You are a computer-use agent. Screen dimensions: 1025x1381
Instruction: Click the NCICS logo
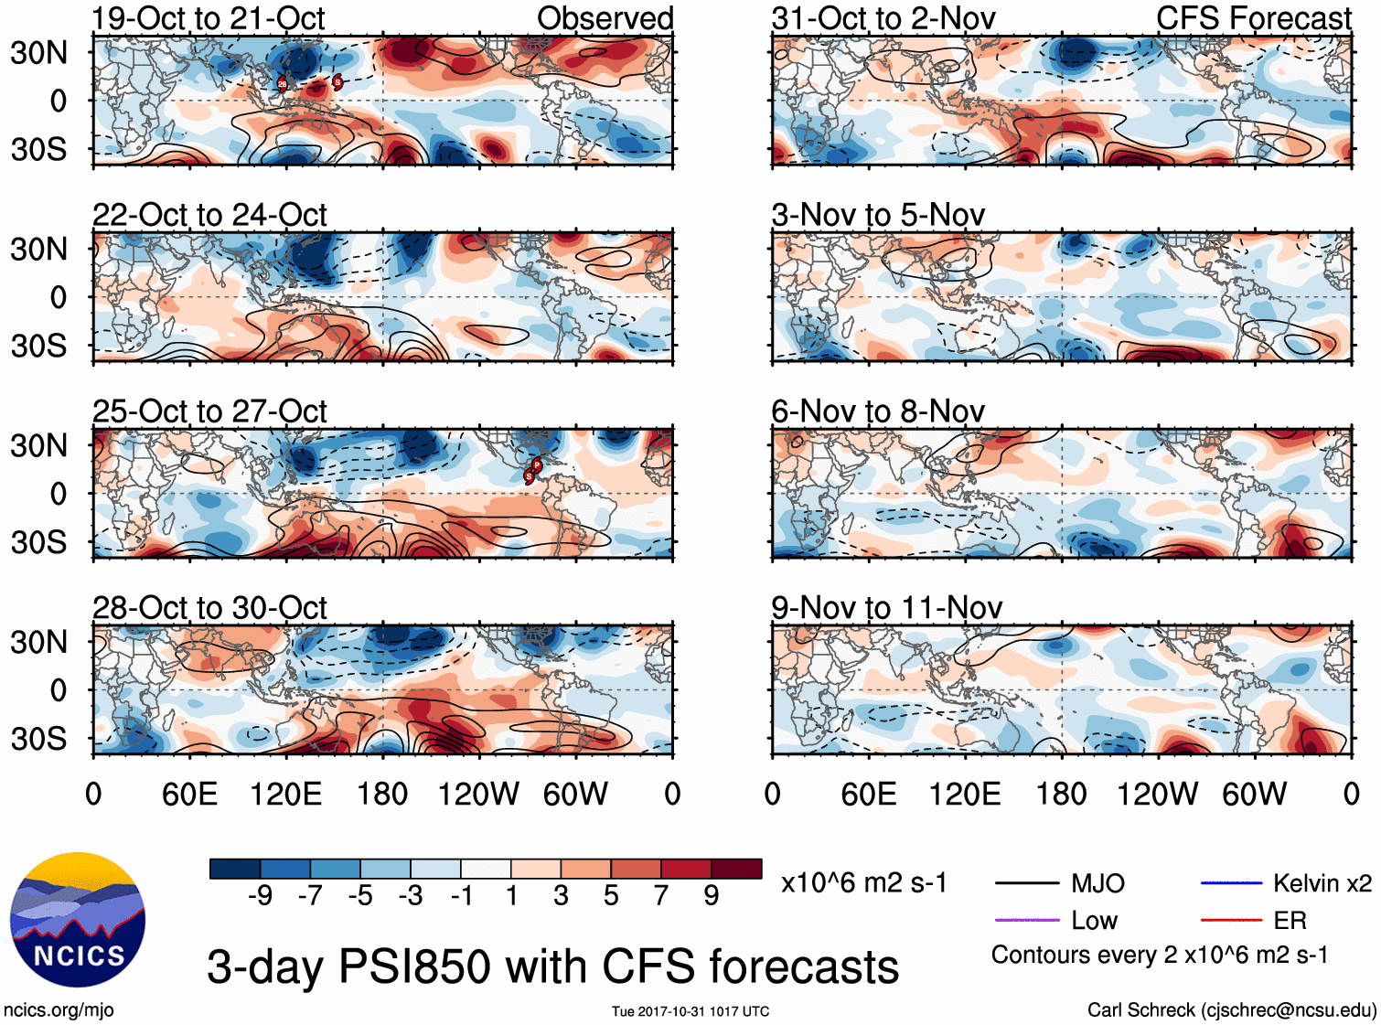pyautogui.click(x=77, y=920)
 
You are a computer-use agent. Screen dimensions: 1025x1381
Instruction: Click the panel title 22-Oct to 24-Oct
pyautogui.click(x=209, y=215)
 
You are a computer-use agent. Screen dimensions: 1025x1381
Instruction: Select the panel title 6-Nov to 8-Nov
pyautogui.click(x=878, y=411)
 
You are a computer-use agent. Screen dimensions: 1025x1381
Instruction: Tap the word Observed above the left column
pyautogui.click(x=605, y=18)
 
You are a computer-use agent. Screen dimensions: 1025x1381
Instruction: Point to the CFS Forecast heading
pyautogui.click(x=1253, y=18)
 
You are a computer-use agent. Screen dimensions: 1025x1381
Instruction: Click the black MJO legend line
pyautogui.click(x=1026, y=883)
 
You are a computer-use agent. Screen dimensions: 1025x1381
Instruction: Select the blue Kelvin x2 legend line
pyautogui.click(x=1231, y=883)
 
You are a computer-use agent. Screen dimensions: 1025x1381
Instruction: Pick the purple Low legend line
pyautogui.click(x=1026, y=920)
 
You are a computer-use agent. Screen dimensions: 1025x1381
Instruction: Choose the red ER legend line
pyautogui.click(x=1231, y=920)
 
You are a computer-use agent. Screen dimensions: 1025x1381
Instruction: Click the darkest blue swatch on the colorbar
pyautogui.click(x=234, y=869)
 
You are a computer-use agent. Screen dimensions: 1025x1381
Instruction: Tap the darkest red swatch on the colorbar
pyautogui.click(x=736, y=869)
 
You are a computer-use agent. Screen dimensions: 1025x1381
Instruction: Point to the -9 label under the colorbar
pyautogui.click(x=260, y=896)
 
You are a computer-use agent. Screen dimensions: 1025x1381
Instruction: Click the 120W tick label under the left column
pyautogui.click(x=478, y=794)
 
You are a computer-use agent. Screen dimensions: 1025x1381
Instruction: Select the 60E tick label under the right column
pyautogui.click(x=869, y=794)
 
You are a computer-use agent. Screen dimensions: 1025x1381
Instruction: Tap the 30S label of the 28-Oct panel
pyautogui.click(x=38, y=738)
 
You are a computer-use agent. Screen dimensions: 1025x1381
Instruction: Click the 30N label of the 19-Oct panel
pyautogui.click(x=38, y=53)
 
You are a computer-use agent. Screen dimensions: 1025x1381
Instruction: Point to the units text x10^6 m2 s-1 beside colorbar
pyautogui.click(x=863, y=883)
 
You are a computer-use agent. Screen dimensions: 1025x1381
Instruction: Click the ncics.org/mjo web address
pyautogui.click(x=59, y=1009)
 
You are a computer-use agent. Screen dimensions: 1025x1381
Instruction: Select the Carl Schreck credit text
pyautogui.click(x=1231, y=1009)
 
